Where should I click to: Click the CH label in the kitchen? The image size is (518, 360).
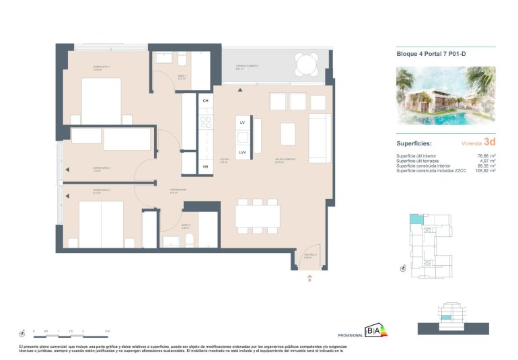(x=205, y=100)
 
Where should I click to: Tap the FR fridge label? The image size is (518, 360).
(x=205, y=166)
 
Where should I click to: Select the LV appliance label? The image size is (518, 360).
(x=242, y=122)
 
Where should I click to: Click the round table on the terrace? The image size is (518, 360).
(x=307, y=66)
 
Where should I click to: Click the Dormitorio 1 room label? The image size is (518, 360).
(x=102, y=67)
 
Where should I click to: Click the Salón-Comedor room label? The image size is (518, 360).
(x=285, y=160)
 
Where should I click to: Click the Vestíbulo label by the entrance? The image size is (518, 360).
(x=309, y=255)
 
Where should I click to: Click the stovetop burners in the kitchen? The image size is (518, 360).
(x=206, y=122)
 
